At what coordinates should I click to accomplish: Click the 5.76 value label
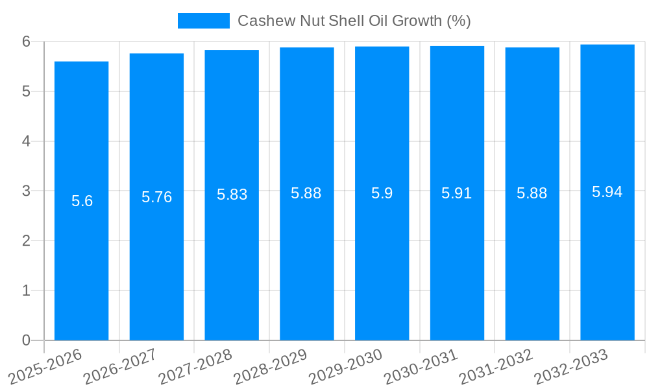tap(157, 197)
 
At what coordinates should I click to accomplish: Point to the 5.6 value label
tap(82, 201)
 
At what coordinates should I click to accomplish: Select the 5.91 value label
tap(456, 193)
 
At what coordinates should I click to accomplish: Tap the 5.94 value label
tap(607, 192)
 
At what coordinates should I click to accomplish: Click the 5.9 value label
tap(382, 193)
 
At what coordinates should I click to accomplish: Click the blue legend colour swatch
tap(204, 21)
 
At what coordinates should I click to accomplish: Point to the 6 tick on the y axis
tap(27, 41)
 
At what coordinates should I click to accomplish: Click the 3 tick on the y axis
tap(27, 191)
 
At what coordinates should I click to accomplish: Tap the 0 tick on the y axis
tap(27, 340)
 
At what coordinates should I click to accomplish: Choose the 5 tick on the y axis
tap(27, 91)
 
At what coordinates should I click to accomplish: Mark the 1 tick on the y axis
tap(27, 290)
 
